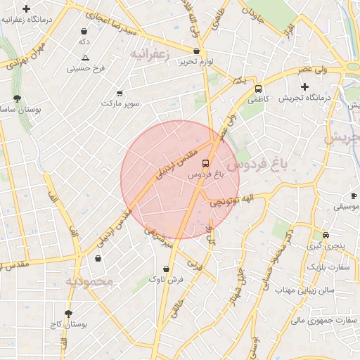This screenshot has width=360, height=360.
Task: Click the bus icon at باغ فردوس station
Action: pyautogui.click(x=205, y=163)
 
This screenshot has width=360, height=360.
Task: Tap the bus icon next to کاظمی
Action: pyautogui.click(x=259, y=89)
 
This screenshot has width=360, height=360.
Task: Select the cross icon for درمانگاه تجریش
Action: pyautogui.click(x=304, y=86)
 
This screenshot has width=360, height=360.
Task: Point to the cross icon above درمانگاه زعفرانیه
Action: pyautogui.click(x=26, y=9)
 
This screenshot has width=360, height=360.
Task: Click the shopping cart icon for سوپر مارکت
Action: pyautogui.click(x=120, y=93)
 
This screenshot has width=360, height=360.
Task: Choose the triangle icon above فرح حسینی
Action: pyautogui.click(x=85, y=58)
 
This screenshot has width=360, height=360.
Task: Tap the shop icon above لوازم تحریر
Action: pyautogui.click(x=196, y=51)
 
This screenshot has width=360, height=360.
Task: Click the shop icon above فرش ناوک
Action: pyautogui.click(x=166, y=269)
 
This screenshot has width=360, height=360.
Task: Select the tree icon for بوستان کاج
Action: pyautogui.click(x=68, y=314)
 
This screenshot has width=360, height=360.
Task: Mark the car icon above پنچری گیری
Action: pyautogui.click(x=325, y=235)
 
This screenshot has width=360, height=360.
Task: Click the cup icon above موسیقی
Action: pyautogui.click(x=353, y=195)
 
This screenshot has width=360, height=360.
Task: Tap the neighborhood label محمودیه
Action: pyautogui.click(x=89, y=281)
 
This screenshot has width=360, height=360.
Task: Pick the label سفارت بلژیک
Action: pyautogui.click(x=323, y=268)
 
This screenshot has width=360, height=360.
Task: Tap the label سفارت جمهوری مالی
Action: pyautogui.click(x=316, y=320)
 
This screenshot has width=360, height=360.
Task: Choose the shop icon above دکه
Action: pyautogui.click(x=84, y=32)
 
